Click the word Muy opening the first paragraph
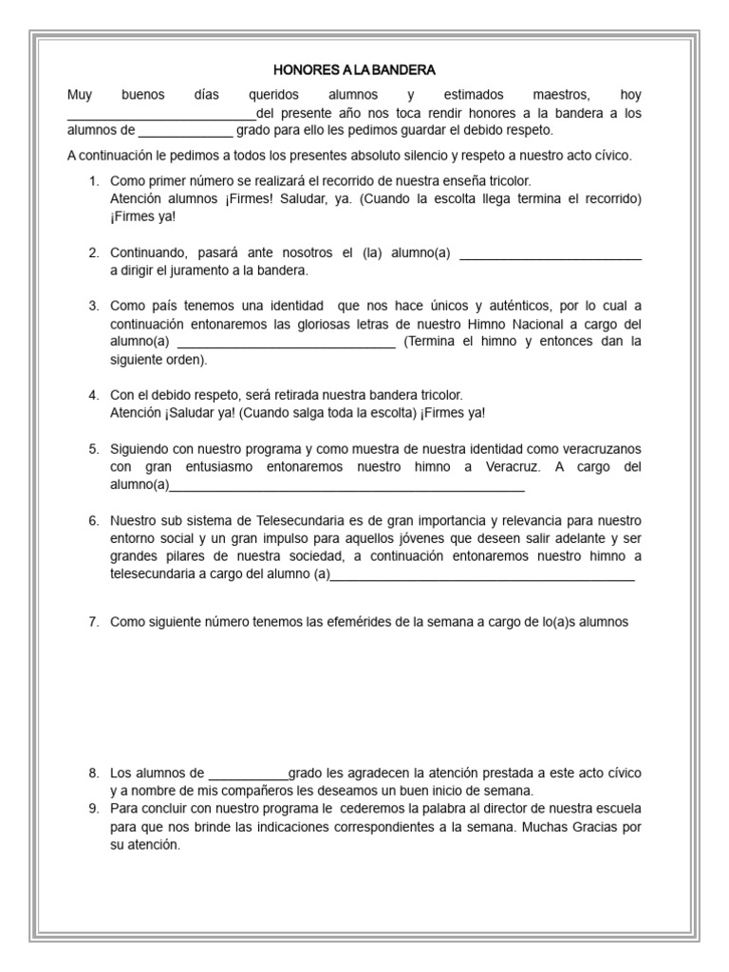tap(80, 95)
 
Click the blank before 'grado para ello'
tap(185, 133)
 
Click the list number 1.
tap(93, 180)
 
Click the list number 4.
tap(93, 394)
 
